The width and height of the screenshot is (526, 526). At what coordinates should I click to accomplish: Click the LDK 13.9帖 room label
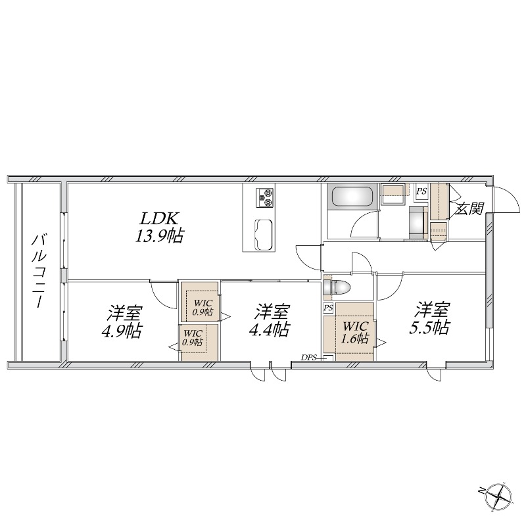[x=158, y=227]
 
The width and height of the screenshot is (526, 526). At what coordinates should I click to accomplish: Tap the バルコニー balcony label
[x=39, y=272]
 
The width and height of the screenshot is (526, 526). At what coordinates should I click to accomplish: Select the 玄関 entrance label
[x=469, y=209]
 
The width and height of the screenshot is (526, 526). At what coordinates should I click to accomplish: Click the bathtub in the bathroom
[x=352, y=198]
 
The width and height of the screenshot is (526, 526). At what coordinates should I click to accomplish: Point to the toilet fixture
[x=337, y=288]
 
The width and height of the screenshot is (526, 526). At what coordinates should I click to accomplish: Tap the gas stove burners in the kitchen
[x=265, y=198]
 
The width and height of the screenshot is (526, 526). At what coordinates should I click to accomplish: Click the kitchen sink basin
[x=265, y=235]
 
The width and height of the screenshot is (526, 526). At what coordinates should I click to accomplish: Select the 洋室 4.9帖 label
[x=122, y=322]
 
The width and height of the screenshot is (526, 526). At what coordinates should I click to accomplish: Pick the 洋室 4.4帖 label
[x=269, y=320]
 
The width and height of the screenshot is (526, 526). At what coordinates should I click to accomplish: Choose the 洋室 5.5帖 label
[x=429, y=318]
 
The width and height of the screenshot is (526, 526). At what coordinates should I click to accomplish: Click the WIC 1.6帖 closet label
[x=355, y=332]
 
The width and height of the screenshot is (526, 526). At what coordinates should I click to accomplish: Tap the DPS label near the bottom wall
[x=308, y=358]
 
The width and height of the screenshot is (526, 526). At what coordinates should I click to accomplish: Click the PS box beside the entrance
[x=421, y=192]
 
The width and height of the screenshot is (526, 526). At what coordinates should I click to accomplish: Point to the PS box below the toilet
[x=328, y=308]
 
